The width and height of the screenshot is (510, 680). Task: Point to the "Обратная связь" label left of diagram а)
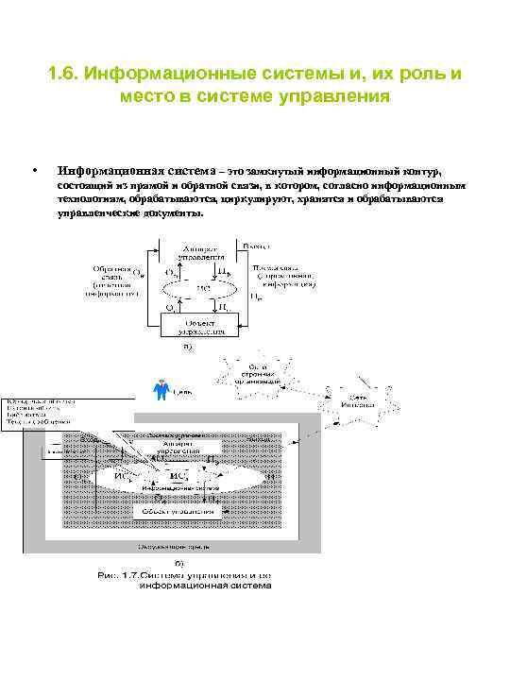111,280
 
